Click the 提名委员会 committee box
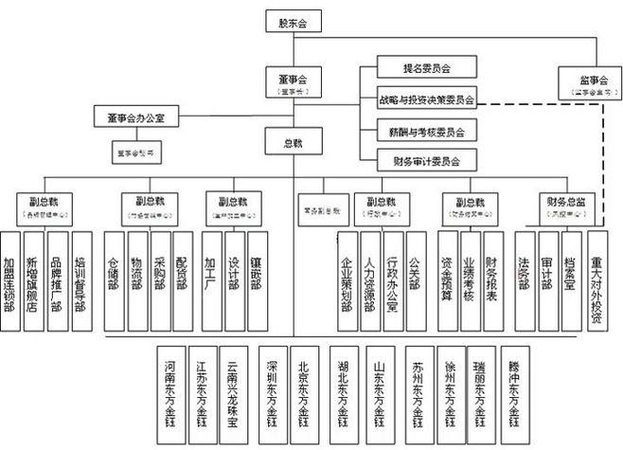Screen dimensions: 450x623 point(414,68)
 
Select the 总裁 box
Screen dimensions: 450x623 point(293,143)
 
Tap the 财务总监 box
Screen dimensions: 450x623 point(555,206)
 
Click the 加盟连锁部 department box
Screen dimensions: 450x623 point(10,280)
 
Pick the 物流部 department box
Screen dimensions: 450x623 point(137,280)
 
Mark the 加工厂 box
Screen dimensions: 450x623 point(210,280)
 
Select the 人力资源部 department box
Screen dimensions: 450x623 point(370,280)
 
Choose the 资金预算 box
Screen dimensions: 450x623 point(446,280)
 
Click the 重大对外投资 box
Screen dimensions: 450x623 point(596,280)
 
